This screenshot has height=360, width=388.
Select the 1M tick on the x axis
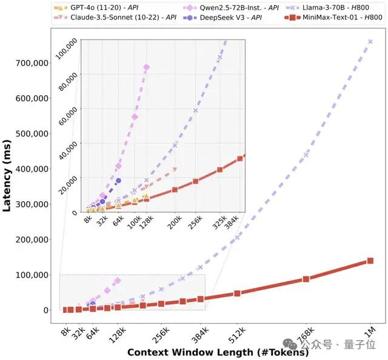[x=370, y=333]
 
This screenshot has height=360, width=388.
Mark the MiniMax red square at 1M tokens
[x=370, y=261]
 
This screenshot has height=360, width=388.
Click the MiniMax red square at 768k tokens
[x=306, y=279]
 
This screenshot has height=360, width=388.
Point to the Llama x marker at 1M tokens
[x=370, y=41]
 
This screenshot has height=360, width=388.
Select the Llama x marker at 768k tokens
[x=306, y=154]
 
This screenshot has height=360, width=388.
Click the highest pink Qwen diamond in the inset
[x=146, y=67]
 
